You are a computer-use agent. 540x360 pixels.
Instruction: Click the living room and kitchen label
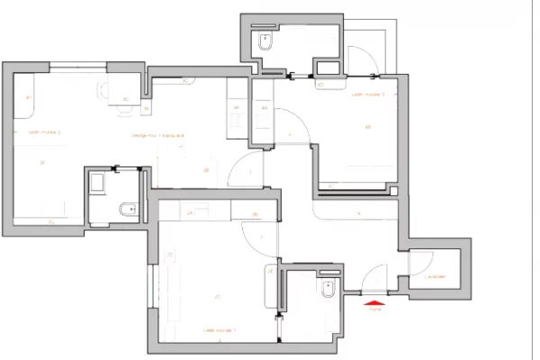tap(158, 136)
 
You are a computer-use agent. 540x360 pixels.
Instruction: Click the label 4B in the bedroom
tap(367, 127)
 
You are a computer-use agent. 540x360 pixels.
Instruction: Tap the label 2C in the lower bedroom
tap(218, 296)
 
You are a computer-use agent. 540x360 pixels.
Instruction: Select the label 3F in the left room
tap(41, 163)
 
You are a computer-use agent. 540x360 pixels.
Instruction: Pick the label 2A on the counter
tap(191, 213)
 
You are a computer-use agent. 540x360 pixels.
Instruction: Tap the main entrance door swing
tap(377, 274)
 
